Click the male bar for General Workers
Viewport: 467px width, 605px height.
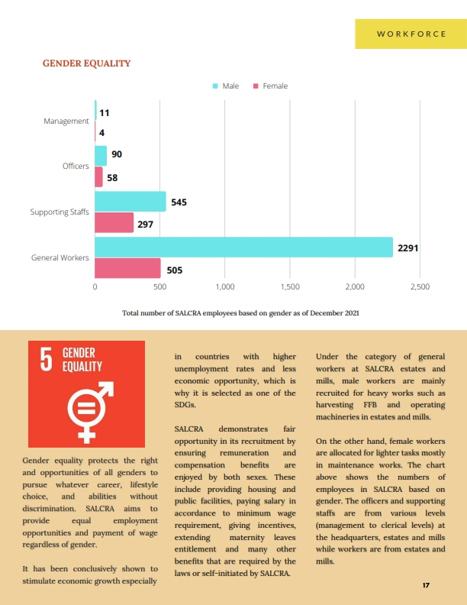243,247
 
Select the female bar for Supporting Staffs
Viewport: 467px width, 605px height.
114,222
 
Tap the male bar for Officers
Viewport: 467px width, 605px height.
101,156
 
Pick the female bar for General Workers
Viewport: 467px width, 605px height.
127,268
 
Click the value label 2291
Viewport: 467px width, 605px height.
407,248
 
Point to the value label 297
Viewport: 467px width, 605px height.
145,224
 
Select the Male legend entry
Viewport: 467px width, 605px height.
226,86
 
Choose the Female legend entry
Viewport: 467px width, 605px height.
270,86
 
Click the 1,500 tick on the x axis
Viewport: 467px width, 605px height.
290,286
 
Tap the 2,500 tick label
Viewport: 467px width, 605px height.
420,286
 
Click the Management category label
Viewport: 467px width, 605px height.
66,121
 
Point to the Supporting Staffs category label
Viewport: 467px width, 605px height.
60,212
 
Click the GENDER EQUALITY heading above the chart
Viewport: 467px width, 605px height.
87,63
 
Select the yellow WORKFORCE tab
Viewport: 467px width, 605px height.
411,34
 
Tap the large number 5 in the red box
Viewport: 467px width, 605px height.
47,359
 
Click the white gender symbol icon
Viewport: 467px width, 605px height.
90,412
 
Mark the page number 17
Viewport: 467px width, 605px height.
426,585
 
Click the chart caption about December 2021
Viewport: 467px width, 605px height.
240,313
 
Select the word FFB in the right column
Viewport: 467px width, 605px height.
370,405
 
